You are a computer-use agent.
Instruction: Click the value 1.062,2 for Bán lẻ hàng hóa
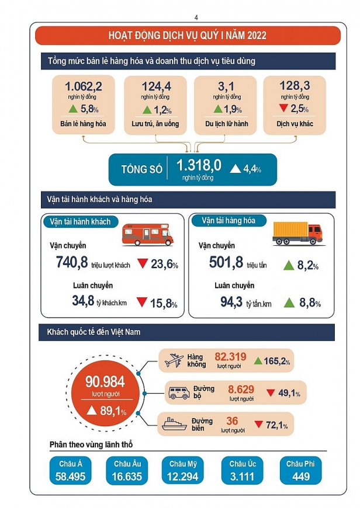[x=83, y=86]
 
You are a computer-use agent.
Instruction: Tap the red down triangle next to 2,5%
[x=283, y=109]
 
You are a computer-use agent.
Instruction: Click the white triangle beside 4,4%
[x=235, y=169]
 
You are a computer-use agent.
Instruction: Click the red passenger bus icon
[x=147, y=234]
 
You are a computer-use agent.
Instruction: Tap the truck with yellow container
[x=297, y=232]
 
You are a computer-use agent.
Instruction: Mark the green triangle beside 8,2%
[x=288, y=266]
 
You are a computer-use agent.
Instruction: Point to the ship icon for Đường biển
[x=175, y=424]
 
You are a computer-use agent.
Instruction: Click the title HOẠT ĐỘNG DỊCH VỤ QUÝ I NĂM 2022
[x=187, y=36]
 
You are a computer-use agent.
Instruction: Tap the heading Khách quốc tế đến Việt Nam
[x=94, y=332]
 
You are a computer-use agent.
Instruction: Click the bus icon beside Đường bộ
[x=178, y=393]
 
